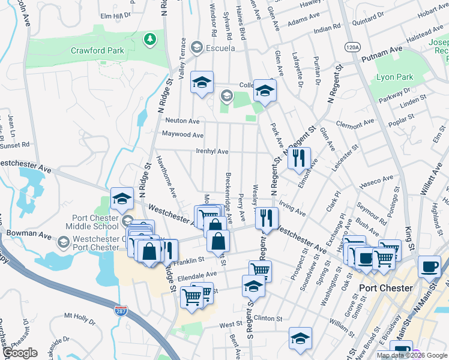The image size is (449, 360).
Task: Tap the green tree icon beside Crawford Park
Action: coord(149,40)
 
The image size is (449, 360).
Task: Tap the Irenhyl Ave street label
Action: coord(212,151)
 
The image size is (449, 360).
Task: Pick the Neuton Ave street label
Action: coord(182,121)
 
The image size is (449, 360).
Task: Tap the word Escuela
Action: coord(220,47)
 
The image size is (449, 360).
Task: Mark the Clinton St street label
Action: coord(268,318)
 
